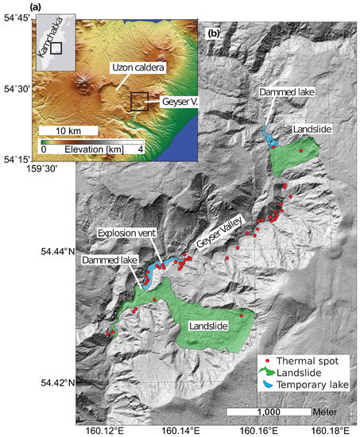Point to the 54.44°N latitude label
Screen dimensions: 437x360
click(59, 252)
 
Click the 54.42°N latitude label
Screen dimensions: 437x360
click(59, 383)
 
